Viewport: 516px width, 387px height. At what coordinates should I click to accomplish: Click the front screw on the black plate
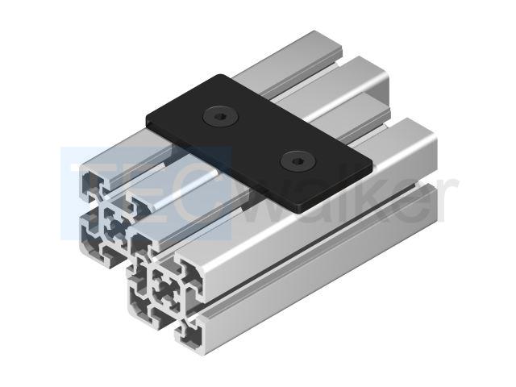pyautogui.click(x=298, y=161)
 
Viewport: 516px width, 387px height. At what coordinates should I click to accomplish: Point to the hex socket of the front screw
pyautogui.click(x=298, y=161)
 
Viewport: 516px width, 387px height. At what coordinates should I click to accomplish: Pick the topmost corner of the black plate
pyautogui.click(x=220, y=75)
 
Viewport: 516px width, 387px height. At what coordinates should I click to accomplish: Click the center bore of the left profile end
pyautogui.click(x=114, y=225)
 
